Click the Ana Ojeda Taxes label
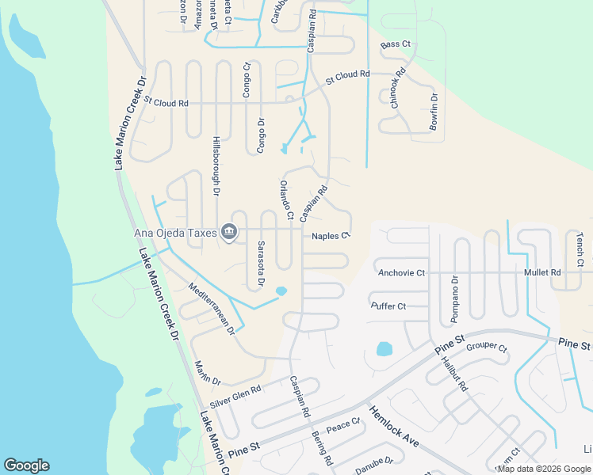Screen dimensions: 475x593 click(x=175, y=232)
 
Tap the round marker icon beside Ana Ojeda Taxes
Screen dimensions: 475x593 click(x=229, y=232)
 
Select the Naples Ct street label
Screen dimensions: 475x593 click(x=331, y=236)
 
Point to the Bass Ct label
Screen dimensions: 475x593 click(x=396, y=45)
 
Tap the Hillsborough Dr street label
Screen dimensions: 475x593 click(x=216, y=164)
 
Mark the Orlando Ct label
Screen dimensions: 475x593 click(x=286, y=199)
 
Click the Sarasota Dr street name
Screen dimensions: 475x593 click(x=260, y=265)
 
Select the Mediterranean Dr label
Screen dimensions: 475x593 click(x=212, y=307)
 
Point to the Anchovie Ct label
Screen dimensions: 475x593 click(x=401, y=273)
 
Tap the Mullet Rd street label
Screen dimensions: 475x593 click(x=542, y=272)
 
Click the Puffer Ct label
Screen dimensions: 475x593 click(x=388, y=306)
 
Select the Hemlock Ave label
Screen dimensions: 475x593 click(x=392, y=427)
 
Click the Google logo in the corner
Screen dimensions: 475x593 click(x=26, y=465)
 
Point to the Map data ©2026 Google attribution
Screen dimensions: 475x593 click(x=543, y=469)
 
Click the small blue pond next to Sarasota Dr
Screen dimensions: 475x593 click(x=281, y=292)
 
